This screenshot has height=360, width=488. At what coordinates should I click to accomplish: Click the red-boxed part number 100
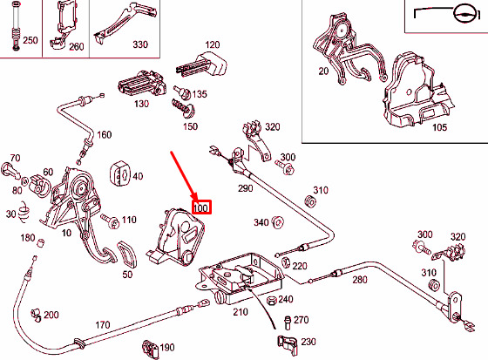pyautogui.click(x=201, y=207)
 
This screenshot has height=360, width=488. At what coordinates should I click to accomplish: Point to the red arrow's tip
pyautogui.click(x=196, y=200)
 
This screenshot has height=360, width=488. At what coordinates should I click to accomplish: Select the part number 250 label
pyautogui.click(x=30, y=40)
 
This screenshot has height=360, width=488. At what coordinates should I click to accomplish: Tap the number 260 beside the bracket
pyautogui.click(x=77, y=47)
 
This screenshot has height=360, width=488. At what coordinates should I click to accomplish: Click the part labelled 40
pyautogui.click(x=120, y=173)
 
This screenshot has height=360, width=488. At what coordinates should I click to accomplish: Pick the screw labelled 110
pyautogui.click(x=111, y=221)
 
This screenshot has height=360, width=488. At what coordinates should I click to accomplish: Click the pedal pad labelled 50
pyautogui.click(x=127, y=255)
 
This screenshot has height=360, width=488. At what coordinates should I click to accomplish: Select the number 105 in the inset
pyautogui.click(x=440, y=127)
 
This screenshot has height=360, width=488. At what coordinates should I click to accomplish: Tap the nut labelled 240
pyautogui.click(x=272, y=301)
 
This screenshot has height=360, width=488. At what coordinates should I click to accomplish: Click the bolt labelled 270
pyautogui.click(x=288, y=323)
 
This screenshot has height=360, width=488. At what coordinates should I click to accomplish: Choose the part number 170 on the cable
pyautogui.click(x=103, y=325)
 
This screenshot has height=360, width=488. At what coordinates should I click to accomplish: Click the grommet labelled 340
pyautogui.click(x=277, y=222)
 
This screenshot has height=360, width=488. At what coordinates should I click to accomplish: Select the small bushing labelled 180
pyautogui.click(x=41, y=242)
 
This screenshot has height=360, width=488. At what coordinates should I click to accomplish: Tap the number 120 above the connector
pyautogui.click(x=213, y=44)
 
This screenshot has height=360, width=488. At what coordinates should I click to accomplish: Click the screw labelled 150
pyautogui.click(x=183, y=108)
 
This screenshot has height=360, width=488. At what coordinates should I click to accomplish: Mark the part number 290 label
pyautogui.click(x=246, y=188)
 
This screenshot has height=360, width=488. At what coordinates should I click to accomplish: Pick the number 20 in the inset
pyautogui.click(x=323, y=71)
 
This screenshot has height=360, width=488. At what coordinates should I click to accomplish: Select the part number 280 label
pyautogui.click(x=360, y=279)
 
